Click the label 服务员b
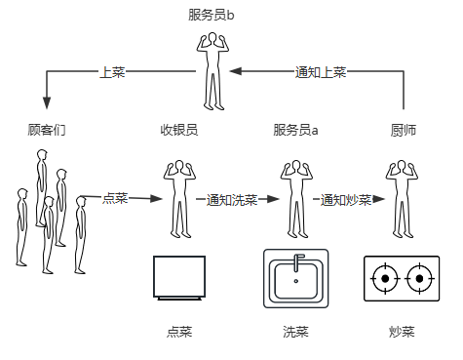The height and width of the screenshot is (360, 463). [x=212, y=15]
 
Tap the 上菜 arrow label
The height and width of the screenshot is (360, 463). [x=112, y=72]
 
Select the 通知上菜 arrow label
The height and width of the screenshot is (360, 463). [x=321, y=72]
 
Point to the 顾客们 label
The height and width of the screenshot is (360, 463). [x=47, y=130]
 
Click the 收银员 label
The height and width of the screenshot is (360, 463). [x=179, y=130]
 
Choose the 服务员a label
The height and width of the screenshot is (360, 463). [x=295, y=130]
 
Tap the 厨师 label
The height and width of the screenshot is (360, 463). [x=404, y=130]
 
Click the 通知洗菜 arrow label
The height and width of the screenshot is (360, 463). [x=232, y=199]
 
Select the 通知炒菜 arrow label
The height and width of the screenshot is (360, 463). [x=346, y=199]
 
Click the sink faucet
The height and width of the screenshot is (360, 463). [x=297, y=261]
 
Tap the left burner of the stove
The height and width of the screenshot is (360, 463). [x=385, y=279]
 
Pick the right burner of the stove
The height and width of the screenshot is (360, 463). [x=419, y=279]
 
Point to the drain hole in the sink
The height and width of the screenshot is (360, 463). [x=296, y=281]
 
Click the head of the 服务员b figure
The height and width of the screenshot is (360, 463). [x=212, y=38]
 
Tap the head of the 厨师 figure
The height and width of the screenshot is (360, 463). [x=402, y=167]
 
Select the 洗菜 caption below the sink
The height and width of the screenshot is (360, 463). [x=295, y=332]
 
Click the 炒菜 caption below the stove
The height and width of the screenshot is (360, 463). [x=402, y=332]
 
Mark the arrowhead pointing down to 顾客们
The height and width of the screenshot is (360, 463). [x=47, y=102]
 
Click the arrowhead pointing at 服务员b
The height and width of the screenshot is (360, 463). [x=235, y=71]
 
